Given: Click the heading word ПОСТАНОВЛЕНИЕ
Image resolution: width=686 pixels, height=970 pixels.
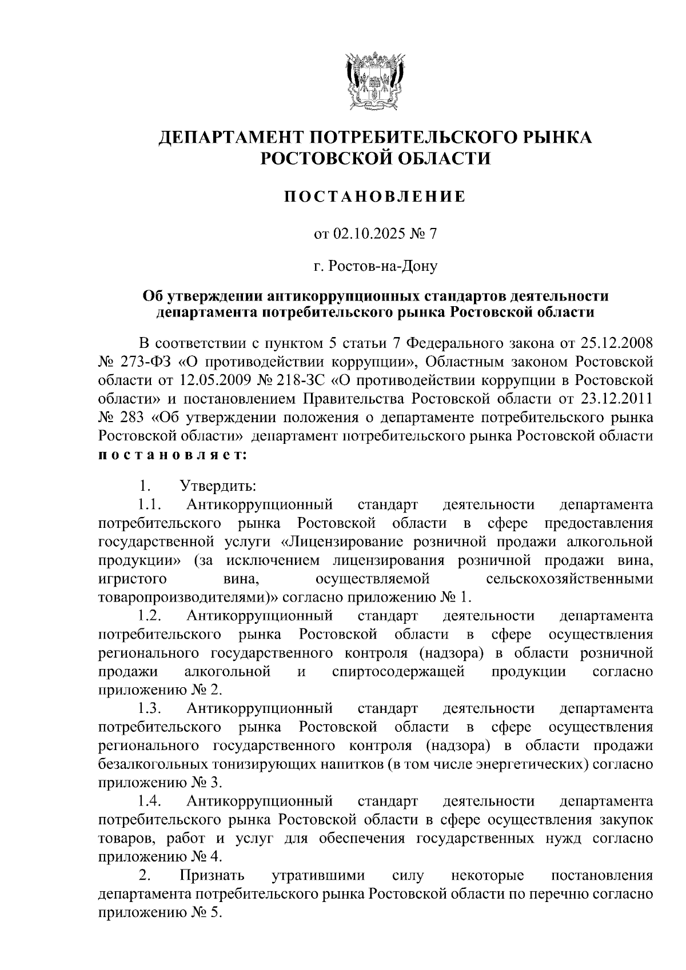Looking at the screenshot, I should tap(376, 198).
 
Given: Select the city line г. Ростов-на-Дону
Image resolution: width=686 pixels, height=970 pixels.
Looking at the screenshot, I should tap(376, 266).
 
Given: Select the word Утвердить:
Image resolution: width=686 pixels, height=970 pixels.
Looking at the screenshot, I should tap(218, 486).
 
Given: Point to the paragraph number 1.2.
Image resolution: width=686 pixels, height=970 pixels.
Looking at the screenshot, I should tap(150, 616).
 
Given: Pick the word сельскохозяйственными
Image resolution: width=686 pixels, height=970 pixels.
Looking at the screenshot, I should tap(569, 579).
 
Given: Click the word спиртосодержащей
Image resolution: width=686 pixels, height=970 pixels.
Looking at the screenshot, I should tap(398, 671).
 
